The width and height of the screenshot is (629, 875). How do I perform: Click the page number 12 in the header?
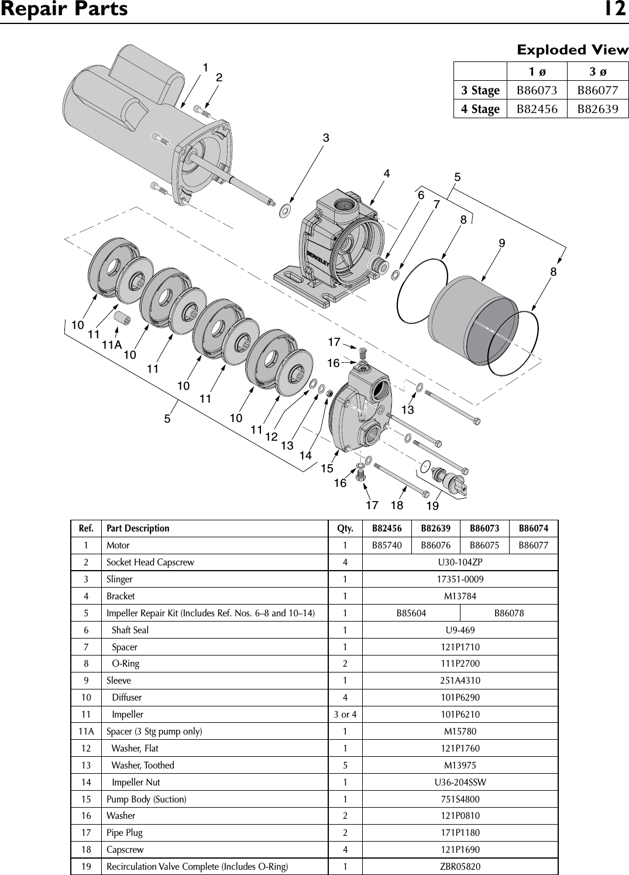click(615, 10)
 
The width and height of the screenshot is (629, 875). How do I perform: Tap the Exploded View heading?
click(572, 50)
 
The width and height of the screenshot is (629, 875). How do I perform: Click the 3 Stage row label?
click(480, 91)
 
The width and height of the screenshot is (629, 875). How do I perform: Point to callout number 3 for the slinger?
click(326, 138)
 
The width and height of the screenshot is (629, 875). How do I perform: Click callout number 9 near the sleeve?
click(502, 243)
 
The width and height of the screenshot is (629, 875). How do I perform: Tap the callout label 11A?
click(111, 345)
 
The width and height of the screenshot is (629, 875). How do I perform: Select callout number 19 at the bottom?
click(432, 505)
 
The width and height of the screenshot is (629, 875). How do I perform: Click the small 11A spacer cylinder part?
click(121, 318)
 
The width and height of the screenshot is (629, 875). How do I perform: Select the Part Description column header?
click(138, 529)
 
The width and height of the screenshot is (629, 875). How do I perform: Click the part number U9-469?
click(460, 630)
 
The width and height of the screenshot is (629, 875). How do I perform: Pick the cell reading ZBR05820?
click(460, 866)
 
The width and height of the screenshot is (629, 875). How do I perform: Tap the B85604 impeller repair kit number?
click(411, 613)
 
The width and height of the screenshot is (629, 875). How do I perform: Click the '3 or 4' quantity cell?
click(345, 715)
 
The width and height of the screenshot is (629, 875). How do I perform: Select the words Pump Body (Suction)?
click(146, 799)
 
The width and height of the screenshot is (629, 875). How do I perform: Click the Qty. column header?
click(345, 529)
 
